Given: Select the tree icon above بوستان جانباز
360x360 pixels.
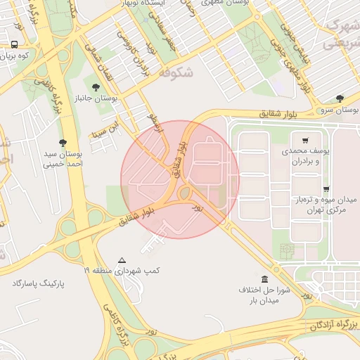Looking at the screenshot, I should coord(96,87).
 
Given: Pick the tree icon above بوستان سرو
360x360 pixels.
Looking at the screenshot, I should coord(340,98).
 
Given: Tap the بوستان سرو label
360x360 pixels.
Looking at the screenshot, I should coord(338,110).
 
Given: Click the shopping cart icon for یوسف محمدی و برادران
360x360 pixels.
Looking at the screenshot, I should coord(305,140).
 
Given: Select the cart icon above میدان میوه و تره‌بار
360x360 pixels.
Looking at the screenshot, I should coord(326,189).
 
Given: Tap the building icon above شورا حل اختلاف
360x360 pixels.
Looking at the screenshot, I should coord(264,278).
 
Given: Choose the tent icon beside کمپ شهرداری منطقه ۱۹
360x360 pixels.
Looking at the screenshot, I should coord(122,259).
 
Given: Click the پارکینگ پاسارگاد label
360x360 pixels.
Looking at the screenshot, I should coord(38,283).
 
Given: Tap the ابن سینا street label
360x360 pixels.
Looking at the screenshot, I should coord(101,129).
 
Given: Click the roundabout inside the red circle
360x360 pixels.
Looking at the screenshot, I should coord(186,193).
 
